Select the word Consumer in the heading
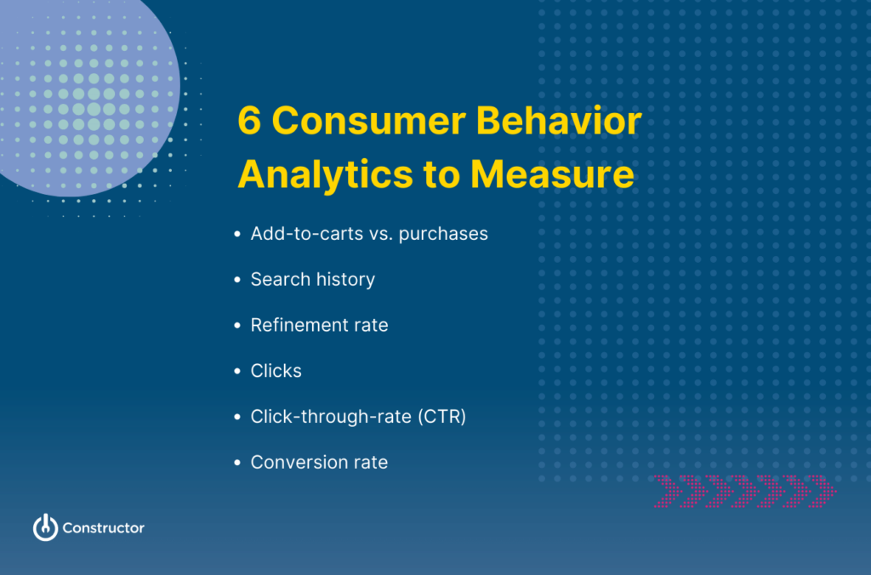(367, 122)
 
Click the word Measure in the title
(552, 174)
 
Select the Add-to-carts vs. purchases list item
(369, 234)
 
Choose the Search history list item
(312, 280)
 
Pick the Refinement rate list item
(319, 326)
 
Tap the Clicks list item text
(276, 372)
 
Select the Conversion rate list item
(319, 463)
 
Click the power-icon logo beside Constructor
(45, 527)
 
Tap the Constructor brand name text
(103, 528)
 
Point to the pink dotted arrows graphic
(744, 491)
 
